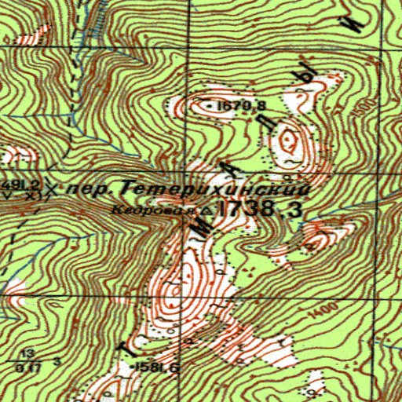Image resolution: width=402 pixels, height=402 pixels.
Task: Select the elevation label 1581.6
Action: [x=157, y=367]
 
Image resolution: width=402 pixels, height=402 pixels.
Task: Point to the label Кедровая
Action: [x=141, y=210]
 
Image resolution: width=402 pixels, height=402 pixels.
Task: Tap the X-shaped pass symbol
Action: [x=52, y=188]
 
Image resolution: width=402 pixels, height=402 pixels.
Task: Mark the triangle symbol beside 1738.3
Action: [x=206, y=210]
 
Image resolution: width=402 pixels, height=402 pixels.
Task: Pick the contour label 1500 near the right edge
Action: [x=360, y=112]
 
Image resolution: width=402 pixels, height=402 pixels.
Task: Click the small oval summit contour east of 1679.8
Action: [x=290, y=143]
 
